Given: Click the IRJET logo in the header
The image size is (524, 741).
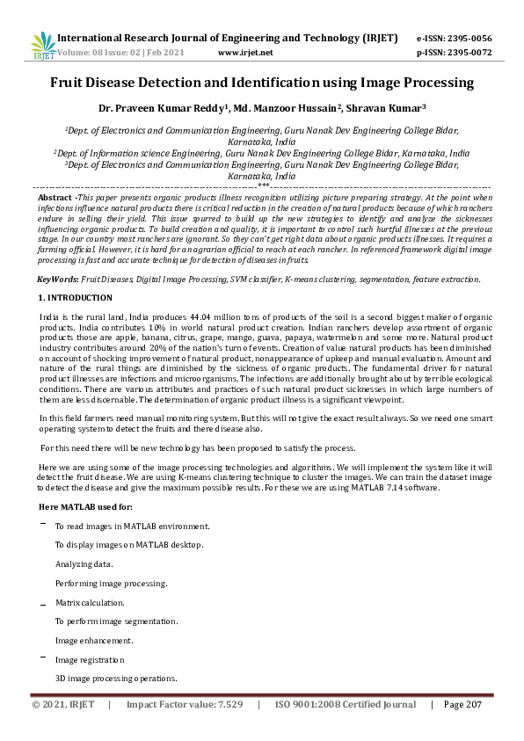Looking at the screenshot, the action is (x=42, y=45).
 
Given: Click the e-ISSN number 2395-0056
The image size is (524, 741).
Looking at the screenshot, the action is (x=473, y=39).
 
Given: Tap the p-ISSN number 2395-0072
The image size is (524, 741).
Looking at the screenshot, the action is (x=473, y=52).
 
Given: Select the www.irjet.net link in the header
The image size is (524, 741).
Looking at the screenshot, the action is (x=244, y=52).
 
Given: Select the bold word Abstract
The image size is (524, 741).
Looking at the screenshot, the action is (x=55, y=198).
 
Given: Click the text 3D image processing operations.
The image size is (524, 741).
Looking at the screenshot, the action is (x=116, y=679).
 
